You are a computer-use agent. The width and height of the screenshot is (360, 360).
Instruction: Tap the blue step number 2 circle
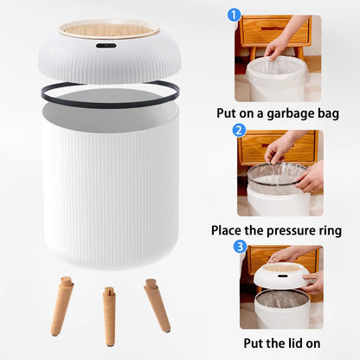240,131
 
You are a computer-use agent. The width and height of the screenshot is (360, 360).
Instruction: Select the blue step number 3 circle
240,247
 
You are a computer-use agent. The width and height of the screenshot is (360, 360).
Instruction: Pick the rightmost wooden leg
157,305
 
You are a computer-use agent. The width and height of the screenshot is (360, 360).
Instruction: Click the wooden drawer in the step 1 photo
273,29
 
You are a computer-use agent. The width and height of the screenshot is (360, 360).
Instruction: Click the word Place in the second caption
229,231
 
